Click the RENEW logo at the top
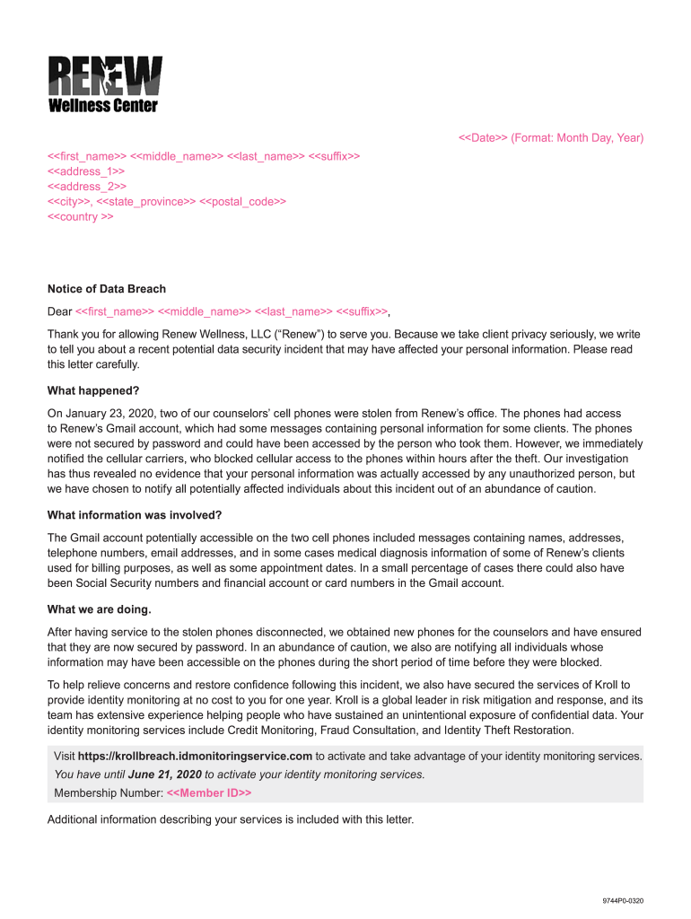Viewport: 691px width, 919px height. pyautogui.click(x=104, y=76)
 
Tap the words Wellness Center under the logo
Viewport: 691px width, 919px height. pyautogui.click(x=102, y=106)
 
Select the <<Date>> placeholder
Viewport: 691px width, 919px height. pyautogui.click(x=483, y=138)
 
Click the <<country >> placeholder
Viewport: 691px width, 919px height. pyautogui.click(x=81, y=217)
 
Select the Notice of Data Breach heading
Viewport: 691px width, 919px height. pyautogui.click(x=107, y=289)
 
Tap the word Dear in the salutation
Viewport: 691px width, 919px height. pyautogui.click(x=59, y=311)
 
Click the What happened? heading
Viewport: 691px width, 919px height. pyautogui.click(x=93, y=391)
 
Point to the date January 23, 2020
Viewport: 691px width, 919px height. pyautogui.click(x=108, y=414)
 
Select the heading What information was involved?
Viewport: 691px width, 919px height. pyautogui.click(x=135, y=515)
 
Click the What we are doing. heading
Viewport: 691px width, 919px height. pyautogui.click(x=100, y=609)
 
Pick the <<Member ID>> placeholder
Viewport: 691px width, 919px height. pyautogui.click(x=209, y=793)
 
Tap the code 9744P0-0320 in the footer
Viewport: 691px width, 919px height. pyautogui.click(x=623, y=900)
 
